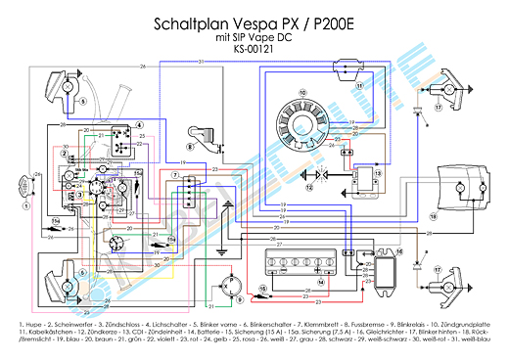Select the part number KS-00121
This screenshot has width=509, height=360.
point(254,49)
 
